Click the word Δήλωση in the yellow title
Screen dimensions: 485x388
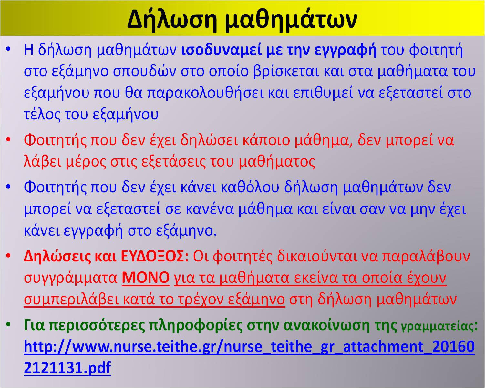coord(172,20)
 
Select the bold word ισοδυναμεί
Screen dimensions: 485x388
coord(221,50)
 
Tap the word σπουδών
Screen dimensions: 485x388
coord(145,71)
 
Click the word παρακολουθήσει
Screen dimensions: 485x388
coord(205,93)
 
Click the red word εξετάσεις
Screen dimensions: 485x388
coord(173,162)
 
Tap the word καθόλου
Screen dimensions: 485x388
coord(250,187)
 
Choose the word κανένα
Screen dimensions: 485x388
coord(210,209)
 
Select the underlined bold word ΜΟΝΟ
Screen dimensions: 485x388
coord(146,277)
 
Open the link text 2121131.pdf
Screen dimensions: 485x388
coord(67,367)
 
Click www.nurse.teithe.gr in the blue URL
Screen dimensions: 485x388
coord(144,347)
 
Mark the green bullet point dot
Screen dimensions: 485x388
coord(8,325)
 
